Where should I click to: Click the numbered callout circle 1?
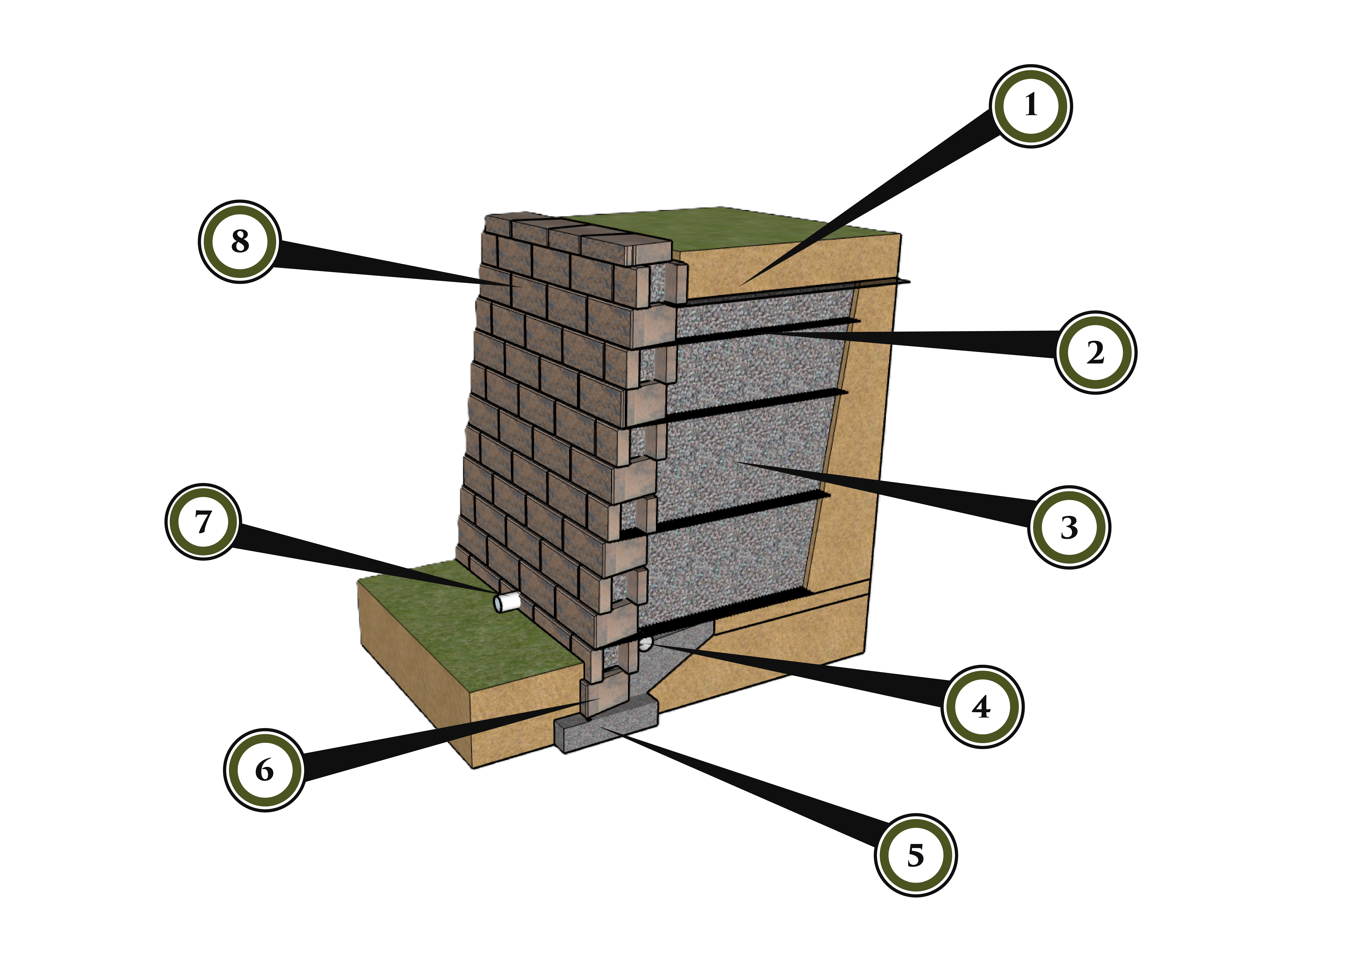(x=1030, y=106)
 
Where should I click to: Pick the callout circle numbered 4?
(x=982, y=706)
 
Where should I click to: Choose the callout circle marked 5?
(x=915, y=855)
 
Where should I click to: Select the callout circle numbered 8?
(x=239, y=241)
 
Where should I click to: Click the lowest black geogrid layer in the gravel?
(x=735, y=614)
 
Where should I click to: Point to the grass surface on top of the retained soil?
(x=735, y=226)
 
